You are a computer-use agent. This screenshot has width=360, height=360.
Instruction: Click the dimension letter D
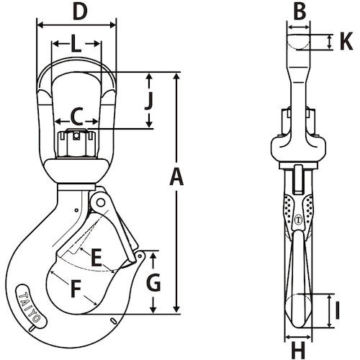click(80, 12)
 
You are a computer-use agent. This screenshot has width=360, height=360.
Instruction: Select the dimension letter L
click(76, 44)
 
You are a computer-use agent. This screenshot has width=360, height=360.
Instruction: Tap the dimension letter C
click(77, 117)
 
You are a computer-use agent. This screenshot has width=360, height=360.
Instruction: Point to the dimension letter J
click(149, 101)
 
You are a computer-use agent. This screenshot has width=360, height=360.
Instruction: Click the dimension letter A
click(176, 177)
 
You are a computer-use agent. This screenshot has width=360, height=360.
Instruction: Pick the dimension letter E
click(96, 258)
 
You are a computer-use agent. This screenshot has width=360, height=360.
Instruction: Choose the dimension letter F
click(76, 289)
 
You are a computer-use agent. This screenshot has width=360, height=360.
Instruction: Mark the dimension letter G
click(153, 282)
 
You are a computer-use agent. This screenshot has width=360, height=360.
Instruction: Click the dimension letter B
click(300, 12)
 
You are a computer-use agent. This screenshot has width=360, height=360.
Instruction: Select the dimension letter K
click(346, 42)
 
